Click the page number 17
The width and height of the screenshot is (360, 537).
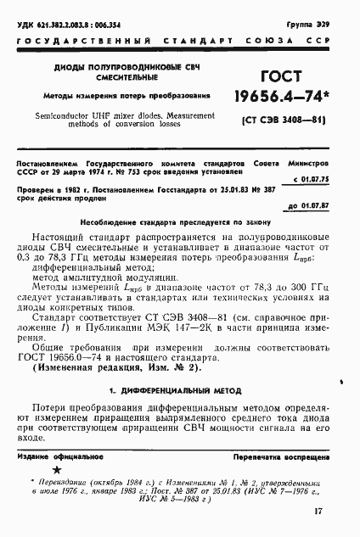(x=318, y=512)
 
